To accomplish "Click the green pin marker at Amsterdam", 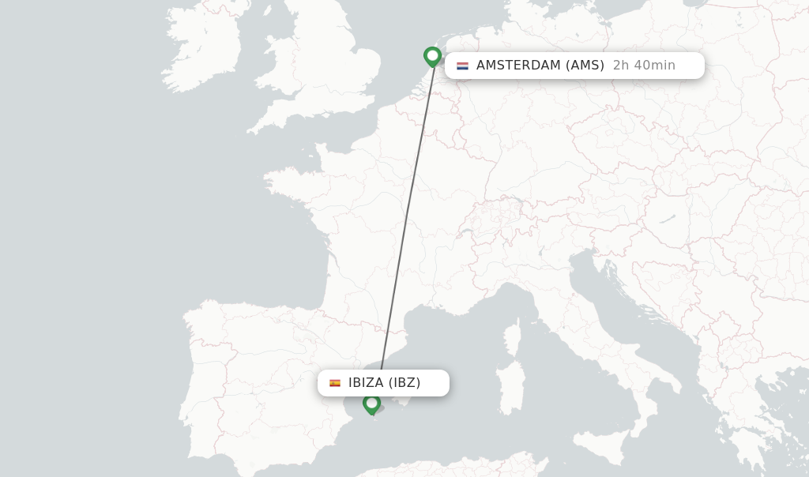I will coord(432,56).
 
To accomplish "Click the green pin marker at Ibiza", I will coord(372,404).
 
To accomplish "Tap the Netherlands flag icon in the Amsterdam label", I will coord(462,66).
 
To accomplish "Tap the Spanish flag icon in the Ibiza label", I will coord(335,383).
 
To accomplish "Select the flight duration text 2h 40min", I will coord(644,66).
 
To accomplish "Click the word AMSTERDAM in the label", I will coord(518,66).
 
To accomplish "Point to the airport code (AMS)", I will coord(585,66).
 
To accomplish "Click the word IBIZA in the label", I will coord(366,383).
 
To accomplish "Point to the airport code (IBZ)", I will coord(404,383).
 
